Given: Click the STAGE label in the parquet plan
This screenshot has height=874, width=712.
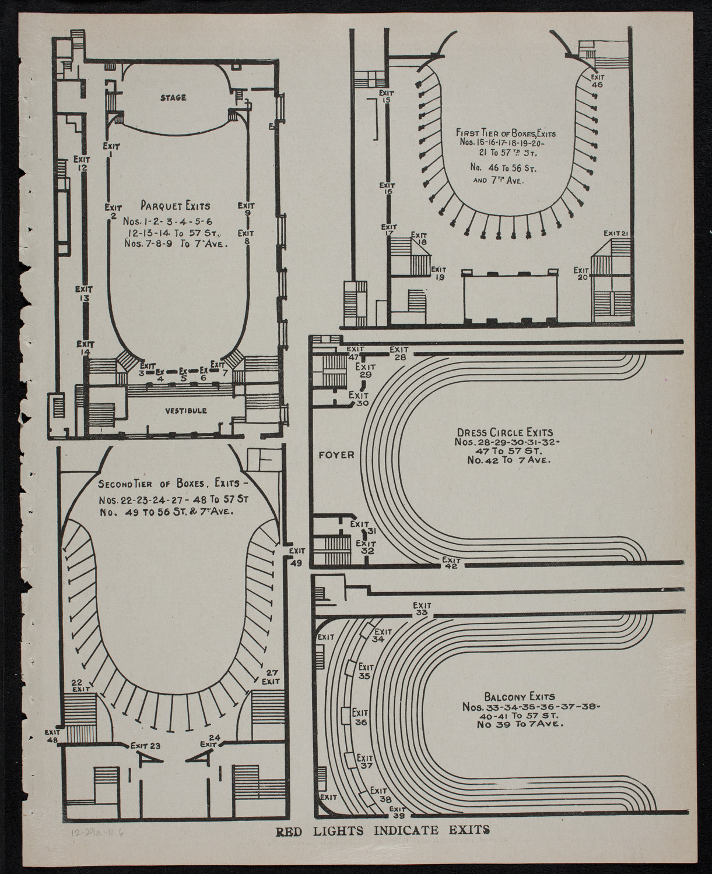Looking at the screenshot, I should click(173, 98).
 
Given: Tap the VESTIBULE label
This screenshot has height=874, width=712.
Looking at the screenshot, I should click(185, 411).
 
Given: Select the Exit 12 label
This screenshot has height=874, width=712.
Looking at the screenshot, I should click(82, 163).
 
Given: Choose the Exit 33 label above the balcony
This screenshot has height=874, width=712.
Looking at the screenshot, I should click(422, 609).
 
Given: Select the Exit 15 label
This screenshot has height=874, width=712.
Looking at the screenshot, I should click(385, 96).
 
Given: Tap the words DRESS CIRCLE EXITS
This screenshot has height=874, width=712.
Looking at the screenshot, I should click(501, 433).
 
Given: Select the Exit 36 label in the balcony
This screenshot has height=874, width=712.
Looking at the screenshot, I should click(360, 717).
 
